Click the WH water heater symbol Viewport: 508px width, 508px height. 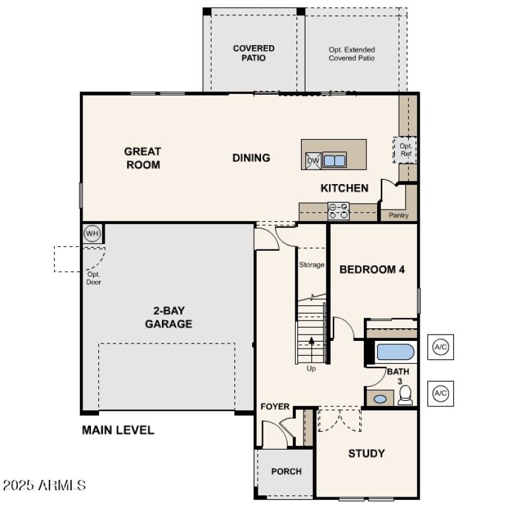click(x=93, y=234)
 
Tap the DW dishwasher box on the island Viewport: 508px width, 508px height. click(x=313, y=161)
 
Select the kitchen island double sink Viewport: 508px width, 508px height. click(x=335, y=160)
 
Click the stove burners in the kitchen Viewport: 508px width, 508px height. click(x=338, y=210)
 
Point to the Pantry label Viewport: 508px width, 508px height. click(x=399, y=216)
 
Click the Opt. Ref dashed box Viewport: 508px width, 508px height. click(x=406, y=150)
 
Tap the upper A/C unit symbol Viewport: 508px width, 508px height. click(x=440, y=347)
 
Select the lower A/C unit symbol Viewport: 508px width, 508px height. click(x=440, y=394)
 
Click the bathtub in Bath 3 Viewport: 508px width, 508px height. click(x=395, y=352)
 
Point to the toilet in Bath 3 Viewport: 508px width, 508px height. click(x=405, y=395)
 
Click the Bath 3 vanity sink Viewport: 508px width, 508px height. click(x=380, y=399)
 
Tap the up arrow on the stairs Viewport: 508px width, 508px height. click(x=311, y=341)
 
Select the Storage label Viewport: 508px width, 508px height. click(x=312, y=265)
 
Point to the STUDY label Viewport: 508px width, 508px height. click(x=366, y=453)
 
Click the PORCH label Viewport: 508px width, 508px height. click(x=286, y=471)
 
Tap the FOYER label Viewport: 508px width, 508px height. click(x=275, y=406)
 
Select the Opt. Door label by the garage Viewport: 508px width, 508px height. click(x=94, y=278)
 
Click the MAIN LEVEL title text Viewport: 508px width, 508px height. click(x=118, y=430)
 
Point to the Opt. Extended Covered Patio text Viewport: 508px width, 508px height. click(x=352, y=53)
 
